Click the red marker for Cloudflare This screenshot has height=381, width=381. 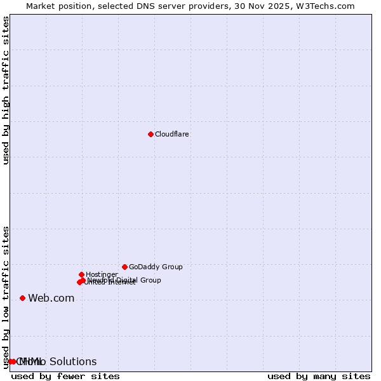pyautogui.click(x=150, y=134)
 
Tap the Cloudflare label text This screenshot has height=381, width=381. pyautogui.click(x=171, y=135)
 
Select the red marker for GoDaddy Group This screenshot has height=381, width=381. pyautogui.click(x=124, y=267)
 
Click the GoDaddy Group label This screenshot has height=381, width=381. pyautogui.click(x=156, y=267)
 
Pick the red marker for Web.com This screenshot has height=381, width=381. pyautogui.click(x=22, y=298)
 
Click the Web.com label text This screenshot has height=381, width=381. pyautogui.click(x=51, y=298)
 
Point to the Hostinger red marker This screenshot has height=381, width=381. pyautogui.click(x=81, y=274)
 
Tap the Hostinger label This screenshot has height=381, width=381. pyautogui.click(x=102, y=275)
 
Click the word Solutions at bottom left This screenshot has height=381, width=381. pyautogui.click(x=73, y=362)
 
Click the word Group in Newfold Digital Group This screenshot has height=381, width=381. pyautogui.click(x=150, y=280)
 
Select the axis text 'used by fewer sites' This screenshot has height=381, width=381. pyautogui.click(x=65, y=377)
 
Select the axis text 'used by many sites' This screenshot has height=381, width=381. pyautogui.click(x=319, y=377)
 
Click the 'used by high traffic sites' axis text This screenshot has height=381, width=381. pyautogui.click(x=6, y=90)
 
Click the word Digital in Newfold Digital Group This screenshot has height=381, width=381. pyautogui.click(x=127, y=280)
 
